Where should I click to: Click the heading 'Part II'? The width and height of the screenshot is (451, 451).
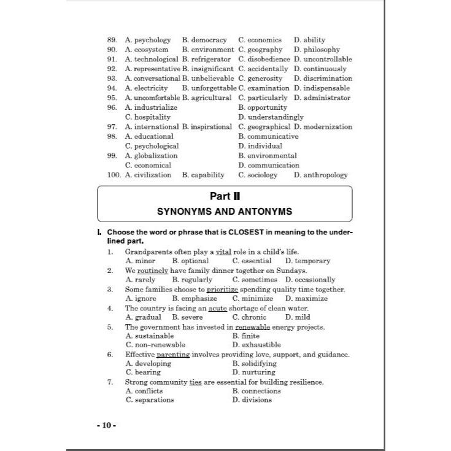click(x=225, y=196)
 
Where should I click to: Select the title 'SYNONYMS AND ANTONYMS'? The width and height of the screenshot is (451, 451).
click(x=225, y=211)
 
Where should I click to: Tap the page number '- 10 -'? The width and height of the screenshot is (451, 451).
click(x=106, y=425)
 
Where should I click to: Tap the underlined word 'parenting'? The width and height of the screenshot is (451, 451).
click(x=173, y=355)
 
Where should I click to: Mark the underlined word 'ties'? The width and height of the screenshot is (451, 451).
click(x=195, y=382)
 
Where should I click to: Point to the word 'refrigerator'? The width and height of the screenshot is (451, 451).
click(x=211, y=59)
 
